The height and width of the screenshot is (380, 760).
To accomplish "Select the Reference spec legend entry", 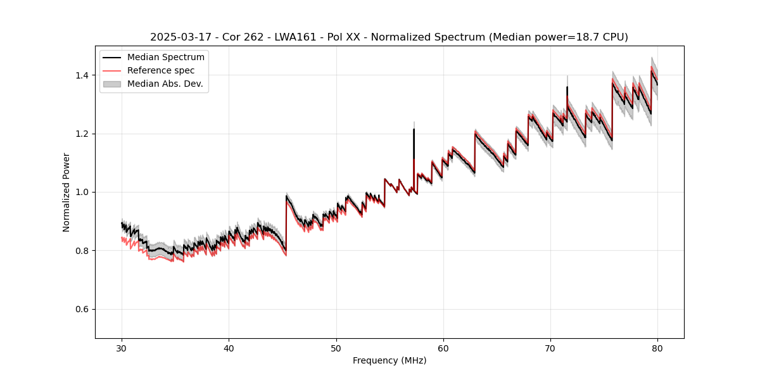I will [161, 70].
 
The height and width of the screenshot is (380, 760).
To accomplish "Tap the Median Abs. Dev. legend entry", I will [165, 84].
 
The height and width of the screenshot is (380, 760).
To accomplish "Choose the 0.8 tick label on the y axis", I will [83, 251].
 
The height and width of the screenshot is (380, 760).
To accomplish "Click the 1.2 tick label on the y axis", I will [83, 134].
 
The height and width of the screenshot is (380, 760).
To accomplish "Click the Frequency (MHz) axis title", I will [389, 361].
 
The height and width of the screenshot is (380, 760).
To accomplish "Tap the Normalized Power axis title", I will [66, 192].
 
